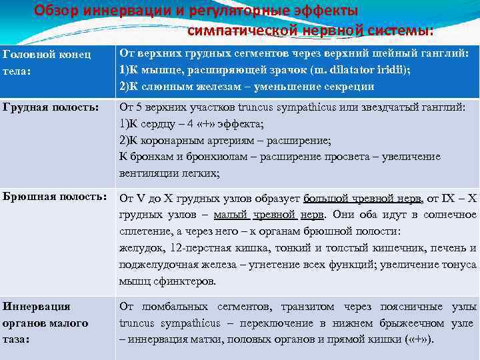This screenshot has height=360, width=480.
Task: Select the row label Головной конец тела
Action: (47, 61)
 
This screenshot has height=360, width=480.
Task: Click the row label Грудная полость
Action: (51, 107)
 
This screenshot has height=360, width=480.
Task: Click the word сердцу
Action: (156, 123)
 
